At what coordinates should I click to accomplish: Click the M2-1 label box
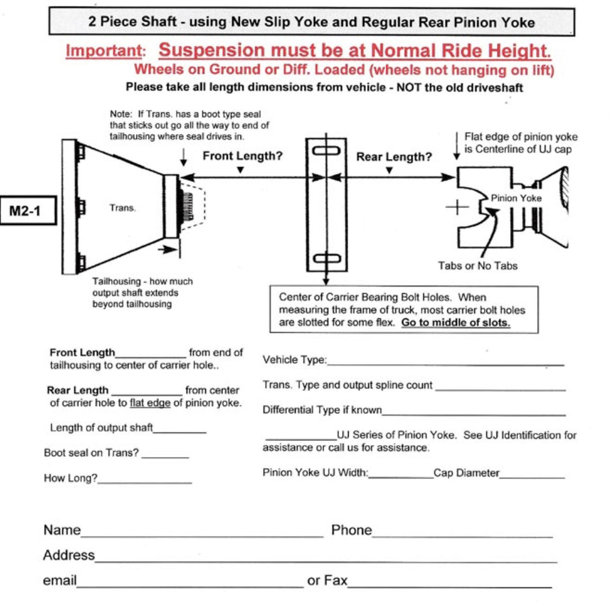[x=29, y=210]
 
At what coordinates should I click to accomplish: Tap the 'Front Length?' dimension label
[x=242, y=157]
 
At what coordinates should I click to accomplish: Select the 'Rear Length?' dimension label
[x=394, y=157]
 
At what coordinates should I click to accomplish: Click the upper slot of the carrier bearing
[x=326, y=151]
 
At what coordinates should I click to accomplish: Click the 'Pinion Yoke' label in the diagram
[x=516, y=198]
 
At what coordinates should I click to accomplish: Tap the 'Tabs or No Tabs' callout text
[x=478, y=266]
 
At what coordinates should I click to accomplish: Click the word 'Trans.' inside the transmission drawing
[x=123, y=208]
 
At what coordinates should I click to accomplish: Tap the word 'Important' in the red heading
[x=105, y=51]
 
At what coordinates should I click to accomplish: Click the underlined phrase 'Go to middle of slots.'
[x=456, y=322]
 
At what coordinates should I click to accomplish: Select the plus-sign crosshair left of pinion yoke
[x=457, y=208]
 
